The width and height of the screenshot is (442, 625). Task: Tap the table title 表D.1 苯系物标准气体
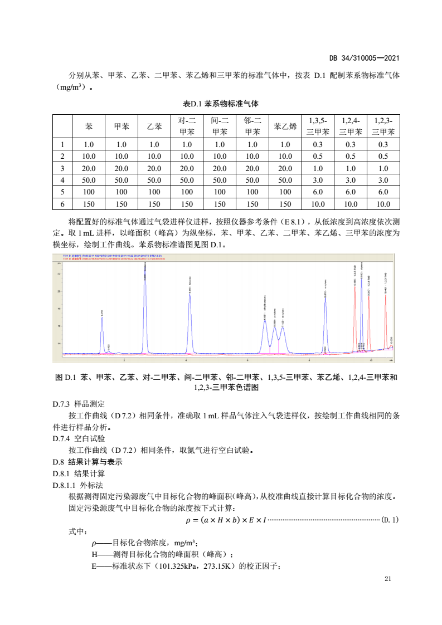click(x=221, y=104)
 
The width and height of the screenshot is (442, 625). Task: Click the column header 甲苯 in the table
click(x=122, y=126)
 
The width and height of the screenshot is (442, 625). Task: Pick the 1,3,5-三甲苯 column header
click(x=318, y=126)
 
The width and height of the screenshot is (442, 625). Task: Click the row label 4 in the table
click(x=63, y=180)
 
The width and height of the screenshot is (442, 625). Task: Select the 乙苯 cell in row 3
click(x=154, y=168)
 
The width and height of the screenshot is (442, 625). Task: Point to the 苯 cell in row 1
click(x=89, y=144)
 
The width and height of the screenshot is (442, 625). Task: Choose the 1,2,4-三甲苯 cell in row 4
click(x=351, y=180)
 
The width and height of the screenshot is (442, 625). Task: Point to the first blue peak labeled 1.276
click(x=102, y=329)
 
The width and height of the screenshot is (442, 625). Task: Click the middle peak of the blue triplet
click(x=274, y=334)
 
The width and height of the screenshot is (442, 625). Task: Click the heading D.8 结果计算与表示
click(x=87, y=462)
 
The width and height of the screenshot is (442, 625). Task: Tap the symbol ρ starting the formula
click(x=188, y=520)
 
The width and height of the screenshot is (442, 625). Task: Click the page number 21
click(x=388, y=579)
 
